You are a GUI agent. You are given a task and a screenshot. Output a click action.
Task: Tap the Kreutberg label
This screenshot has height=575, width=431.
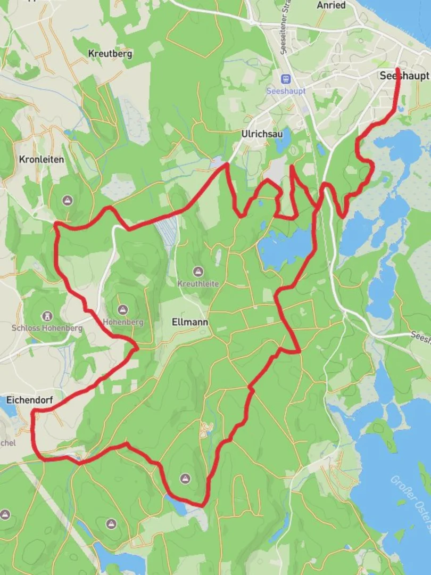coord(110,54)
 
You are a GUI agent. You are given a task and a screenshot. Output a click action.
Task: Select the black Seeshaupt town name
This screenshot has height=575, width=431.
coord(404,76)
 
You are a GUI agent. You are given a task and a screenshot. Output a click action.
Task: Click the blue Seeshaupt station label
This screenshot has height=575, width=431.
coord(286,91)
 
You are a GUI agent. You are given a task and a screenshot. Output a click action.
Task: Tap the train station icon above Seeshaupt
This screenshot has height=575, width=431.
coord(286,79)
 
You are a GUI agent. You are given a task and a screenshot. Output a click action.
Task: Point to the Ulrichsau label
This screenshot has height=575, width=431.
coord(262,134)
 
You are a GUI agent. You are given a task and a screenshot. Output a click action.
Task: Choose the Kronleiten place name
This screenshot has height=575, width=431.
coord(42,159)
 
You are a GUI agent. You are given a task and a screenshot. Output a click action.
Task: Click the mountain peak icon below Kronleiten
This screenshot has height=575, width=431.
coord(67,201)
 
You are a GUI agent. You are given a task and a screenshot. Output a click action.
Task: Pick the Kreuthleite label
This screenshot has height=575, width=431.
coord(198,284)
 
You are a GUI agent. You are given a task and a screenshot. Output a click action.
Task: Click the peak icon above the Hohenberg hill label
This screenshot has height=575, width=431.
coord(123,309)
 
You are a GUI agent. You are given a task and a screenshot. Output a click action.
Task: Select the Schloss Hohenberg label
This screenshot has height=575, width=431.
coord(47,328)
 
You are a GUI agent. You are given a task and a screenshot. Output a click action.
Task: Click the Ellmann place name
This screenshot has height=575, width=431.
coord(190,322)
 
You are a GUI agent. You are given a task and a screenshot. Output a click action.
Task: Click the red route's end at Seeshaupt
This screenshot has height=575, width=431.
coord(398,69)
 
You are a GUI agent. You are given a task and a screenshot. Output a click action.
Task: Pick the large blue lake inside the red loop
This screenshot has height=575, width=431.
coord(285,246)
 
